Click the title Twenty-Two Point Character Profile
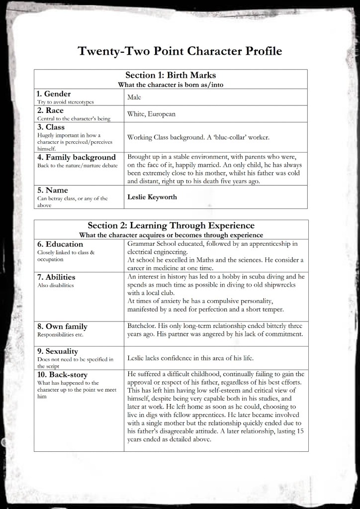pyautogui.click(x=180, y=51)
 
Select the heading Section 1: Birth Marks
pyautogui.click(x=171, y=75)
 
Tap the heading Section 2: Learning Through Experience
pyautogui.click(x=171, y=225)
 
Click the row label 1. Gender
pyautogui.click(x=54, y=94)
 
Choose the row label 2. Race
pyautogui.click(x=50, y=110)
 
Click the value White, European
pyautogui.click(x=151, y=114)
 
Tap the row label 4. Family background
pyautogui.click(x=76, y=158)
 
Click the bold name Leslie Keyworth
pyautogui.click(x=151, y=197)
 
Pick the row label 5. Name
pyautogui.click(x=52, y=190)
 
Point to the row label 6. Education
pyautogui.click(x=60, y=244)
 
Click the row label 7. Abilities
pyautogui.click(x=56, y=277)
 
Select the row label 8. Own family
pyautogui.click(x=62, y=326)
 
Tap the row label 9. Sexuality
pyautogui.click(x=58, y=351)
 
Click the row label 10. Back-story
pyautogui.click(x=62, y=374)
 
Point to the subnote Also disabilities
pyautogui.click(x=56, y=286)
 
